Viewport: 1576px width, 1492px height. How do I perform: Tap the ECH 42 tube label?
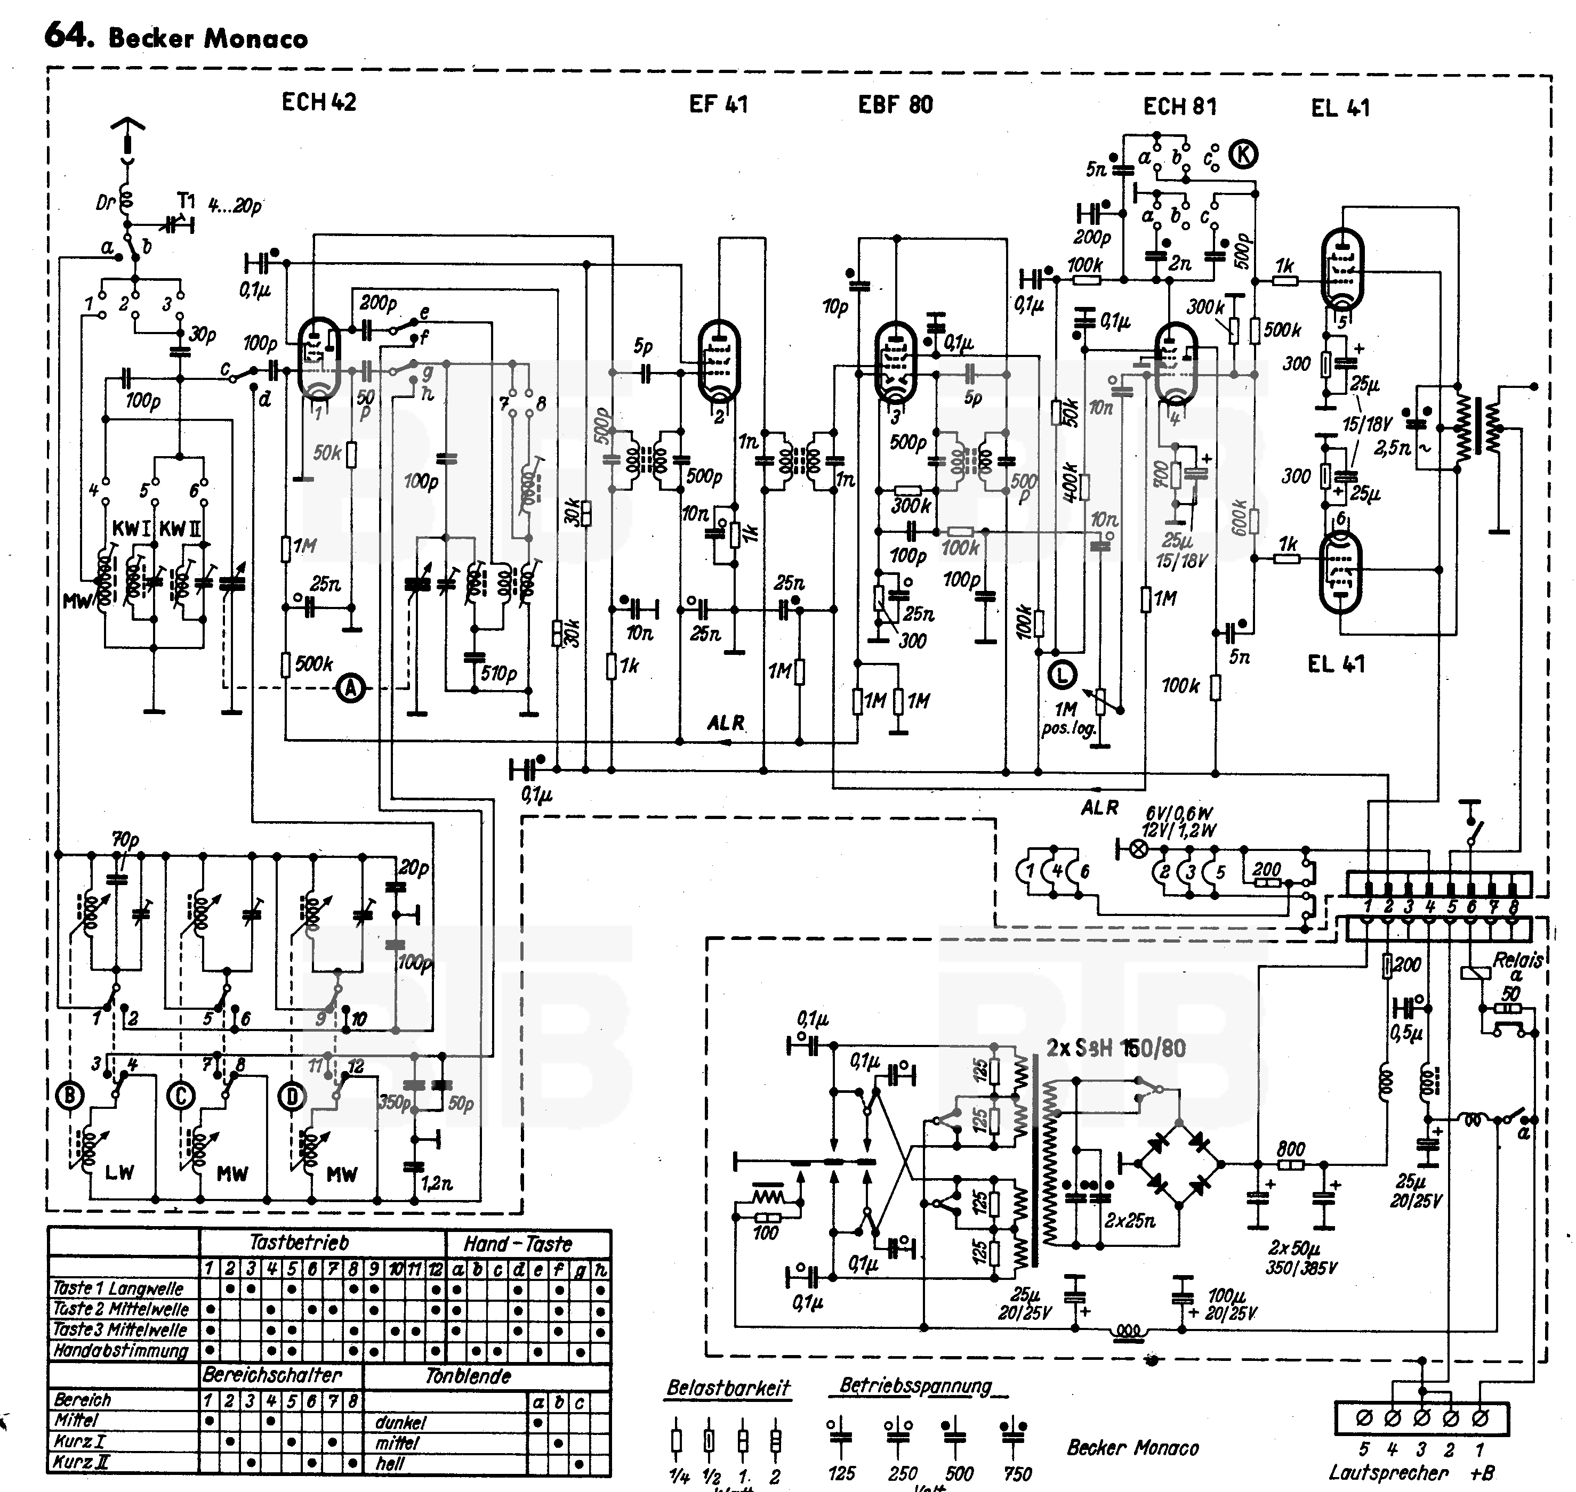click(x=319, y=102)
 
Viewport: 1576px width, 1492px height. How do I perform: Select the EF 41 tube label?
click(x=718, y=104)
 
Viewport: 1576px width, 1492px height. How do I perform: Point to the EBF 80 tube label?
click(x=895, y=105)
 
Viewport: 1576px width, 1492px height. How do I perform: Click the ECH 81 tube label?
click(x=1179, y=107)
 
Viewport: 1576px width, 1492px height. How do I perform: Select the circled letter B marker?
click(x=70, y=1097)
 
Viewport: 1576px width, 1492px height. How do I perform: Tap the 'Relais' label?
click(x=1516, y=960)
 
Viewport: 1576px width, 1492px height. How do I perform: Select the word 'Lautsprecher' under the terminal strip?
click(x=1387, y=1472)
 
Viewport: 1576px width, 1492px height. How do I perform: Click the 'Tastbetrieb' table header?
click(x=299, y=1242)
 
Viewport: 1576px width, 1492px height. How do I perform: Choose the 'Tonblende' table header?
click(x=468, y=1376)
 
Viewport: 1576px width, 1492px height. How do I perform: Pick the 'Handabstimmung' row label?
click(x=120, y=1350)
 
